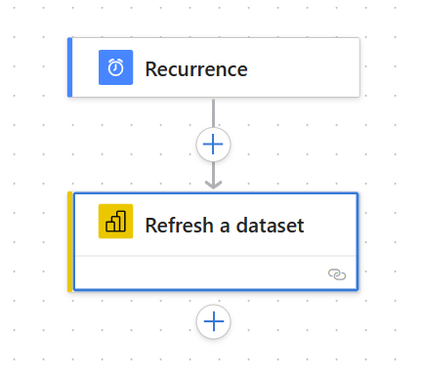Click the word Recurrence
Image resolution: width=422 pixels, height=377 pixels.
tap(196, 69)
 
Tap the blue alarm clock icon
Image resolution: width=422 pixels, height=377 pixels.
tap(115, 67)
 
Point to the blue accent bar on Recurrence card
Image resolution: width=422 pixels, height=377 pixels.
tap(69, 67)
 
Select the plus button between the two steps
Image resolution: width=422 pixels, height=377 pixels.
tap(213, 145)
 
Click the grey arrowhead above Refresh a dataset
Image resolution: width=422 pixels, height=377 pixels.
tap(213, 185)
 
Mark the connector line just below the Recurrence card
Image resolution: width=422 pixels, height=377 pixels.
tap(213, 112)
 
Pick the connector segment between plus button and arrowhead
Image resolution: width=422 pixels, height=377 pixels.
tap(213, 172)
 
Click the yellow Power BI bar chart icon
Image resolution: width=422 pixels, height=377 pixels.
tap(115, 222)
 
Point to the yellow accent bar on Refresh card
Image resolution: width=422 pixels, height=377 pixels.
tap(69, 241)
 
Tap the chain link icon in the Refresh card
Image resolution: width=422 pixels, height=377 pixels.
tap(337, 274)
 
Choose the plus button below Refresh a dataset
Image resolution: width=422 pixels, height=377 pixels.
tap(213, 321)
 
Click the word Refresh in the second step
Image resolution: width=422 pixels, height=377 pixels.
tap(179, 225)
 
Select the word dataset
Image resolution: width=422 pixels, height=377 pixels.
tap(270, 225)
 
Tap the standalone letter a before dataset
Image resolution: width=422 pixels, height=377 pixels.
tap(225, 227)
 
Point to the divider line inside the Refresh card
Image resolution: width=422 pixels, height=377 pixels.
tap(215, 256)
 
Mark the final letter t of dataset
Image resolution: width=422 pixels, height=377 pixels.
tap(301, 227)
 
